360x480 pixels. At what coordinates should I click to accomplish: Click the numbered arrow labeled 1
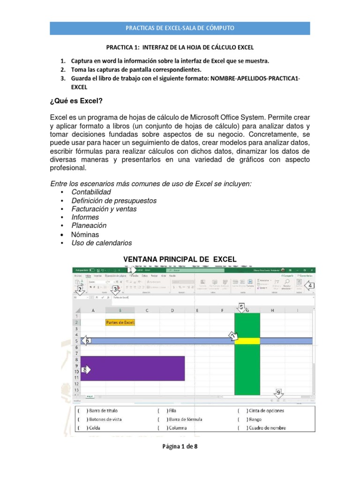click(x=131, y=270)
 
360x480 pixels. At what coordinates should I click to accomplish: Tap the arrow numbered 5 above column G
click(x=241, y=307)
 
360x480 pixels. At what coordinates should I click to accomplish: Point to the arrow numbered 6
click(x=86, y=340)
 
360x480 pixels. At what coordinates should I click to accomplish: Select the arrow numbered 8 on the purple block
click(x=85, y=369)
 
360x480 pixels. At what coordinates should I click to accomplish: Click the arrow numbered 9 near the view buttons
click(x=278, y=392)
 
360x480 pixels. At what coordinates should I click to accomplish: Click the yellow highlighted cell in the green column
click(x=247, y=341)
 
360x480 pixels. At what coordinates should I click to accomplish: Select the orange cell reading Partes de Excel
click(x=120, y=322)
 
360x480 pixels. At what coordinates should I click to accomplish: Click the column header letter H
click(x=272, y=310)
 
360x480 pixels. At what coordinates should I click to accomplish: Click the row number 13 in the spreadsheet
click(x=77, y=390)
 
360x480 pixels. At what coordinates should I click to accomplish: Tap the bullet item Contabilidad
click(x=91, y=192)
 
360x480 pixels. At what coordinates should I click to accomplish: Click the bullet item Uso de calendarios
click(x=101, y=243)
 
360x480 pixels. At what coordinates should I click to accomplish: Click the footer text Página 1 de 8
click(x=180, y=446)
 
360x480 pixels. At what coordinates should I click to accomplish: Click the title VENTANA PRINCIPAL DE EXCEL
click(x=180, y=259)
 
